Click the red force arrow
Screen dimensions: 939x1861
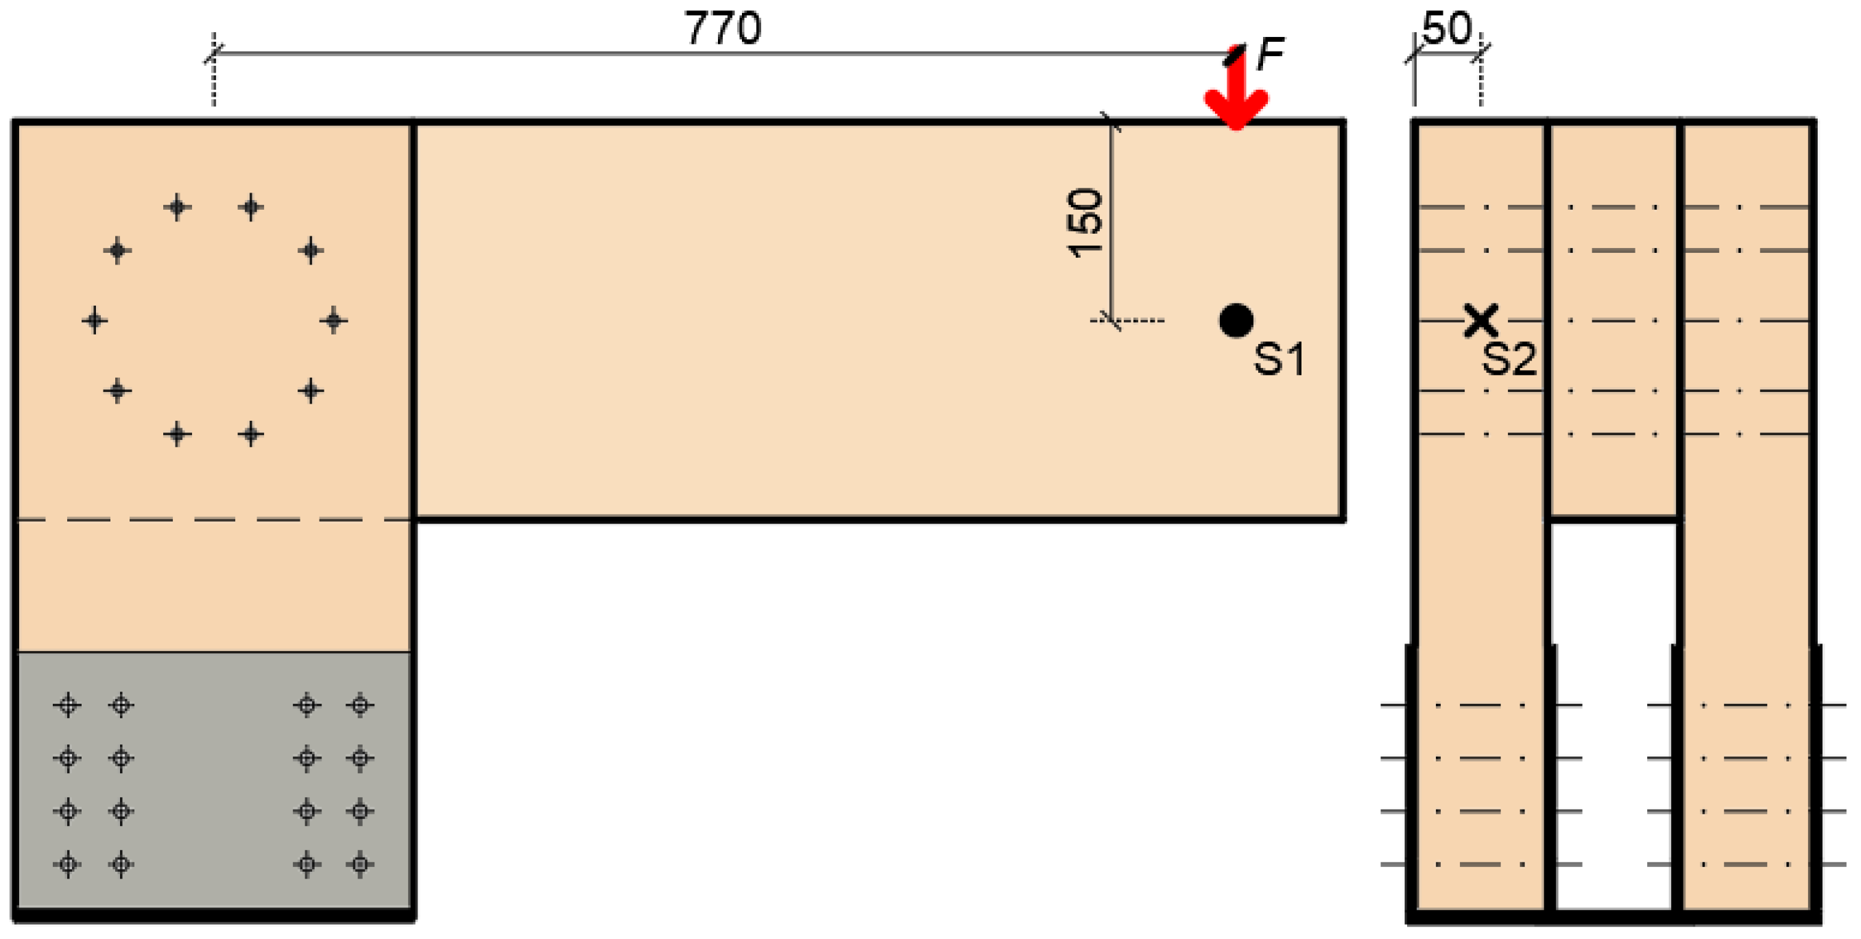click(x=1236, y=94)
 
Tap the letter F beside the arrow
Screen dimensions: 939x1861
click(x=1269, y=53)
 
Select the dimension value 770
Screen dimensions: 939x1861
click(x=723, y=29)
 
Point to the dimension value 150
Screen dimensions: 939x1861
click(x=1085, y=223)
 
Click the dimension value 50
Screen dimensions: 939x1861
click(x=1446, y=29)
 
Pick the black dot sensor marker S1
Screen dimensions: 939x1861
click(x=1236, y=321)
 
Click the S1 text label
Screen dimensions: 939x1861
click(x=1279, y=359)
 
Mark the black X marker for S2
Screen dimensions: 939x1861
click(x=1481, y=320)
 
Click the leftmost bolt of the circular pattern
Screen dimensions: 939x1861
click(x=95, y=320)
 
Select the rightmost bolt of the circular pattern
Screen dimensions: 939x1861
click(x=333, y=320)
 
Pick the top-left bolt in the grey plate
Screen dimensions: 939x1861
click(x=68, y=705)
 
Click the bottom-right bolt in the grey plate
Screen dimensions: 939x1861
click(x=360, y=864)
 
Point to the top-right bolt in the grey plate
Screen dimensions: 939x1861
click(x=360, y=705)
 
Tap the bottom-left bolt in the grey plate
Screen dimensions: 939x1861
click(x=68, y=864)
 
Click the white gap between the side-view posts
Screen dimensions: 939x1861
click(x=1613, y=715)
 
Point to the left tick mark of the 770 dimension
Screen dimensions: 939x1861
click(x=213, y=53)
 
